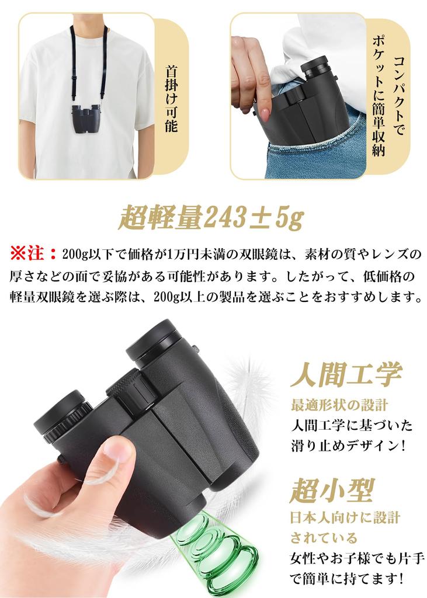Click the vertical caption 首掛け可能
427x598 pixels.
(x=171, y=98)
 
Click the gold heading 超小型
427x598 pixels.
(x=331, y=490)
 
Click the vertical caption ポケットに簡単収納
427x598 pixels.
(x=380, y=99)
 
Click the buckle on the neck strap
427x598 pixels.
(x=75, y=77)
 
